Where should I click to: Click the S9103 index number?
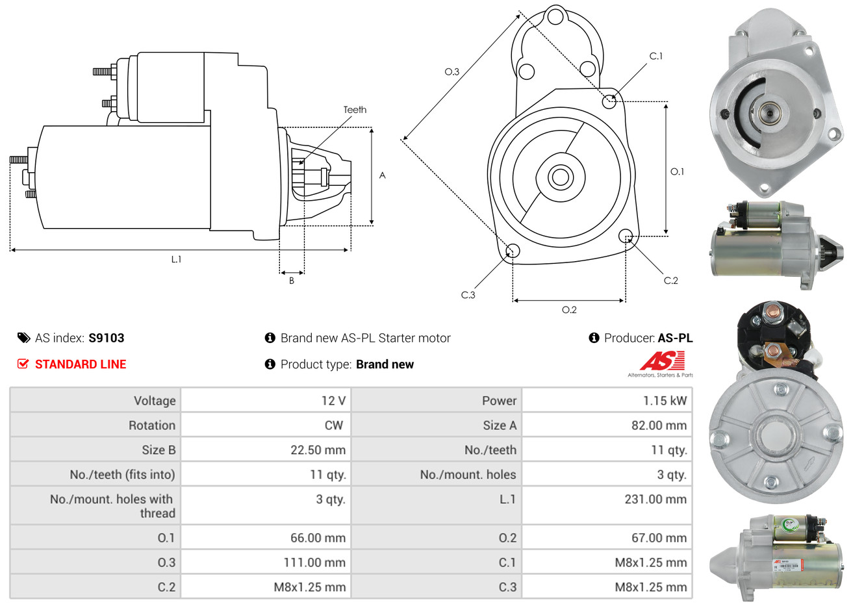pos(106,338)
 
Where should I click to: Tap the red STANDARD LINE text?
pos(81,364)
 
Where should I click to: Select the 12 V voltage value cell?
pos(333,401)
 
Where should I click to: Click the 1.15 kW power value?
pos(665,401)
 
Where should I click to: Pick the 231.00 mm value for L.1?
pos(655,500)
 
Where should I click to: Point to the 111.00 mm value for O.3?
pos(314,563)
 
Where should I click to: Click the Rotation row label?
pos(152,425)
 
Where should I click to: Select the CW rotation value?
pos(334,425)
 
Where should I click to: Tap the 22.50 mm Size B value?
pos(318,450)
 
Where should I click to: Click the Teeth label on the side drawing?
pos(355,110)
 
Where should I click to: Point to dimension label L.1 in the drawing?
pos(176,259)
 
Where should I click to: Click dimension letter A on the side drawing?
pos(383,175)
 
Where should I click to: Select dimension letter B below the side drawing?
pos(292,281)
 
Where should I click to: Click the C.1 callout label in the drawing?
pos(656,57)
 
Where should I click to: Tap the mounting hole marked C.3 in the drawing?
pos(513,251)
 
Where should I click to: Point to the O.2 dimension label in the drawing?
pos(569,310)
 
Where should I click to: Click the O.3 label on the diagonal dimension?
pos(451,71)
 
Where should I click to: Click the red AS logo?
pos(662,361)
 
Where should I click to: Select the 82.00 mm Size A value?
pos(658,425)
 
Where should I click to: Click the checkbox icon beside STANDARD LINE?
pos(23,364)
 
